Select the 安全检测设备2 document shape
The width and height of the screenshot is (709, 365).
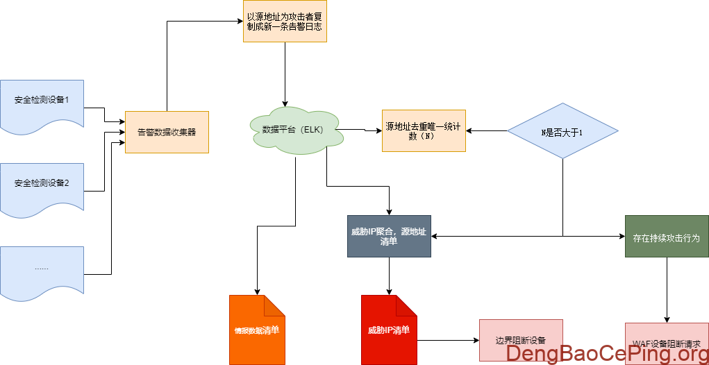click(x=42, y=185)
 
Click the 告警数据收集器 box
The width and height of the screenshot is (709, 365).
click(x=167, y=132)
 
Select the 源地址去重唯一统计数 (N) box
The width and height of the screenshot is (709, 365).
click(x=424, y=130)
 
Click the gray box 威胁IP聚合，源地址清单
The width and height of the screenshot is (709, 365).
click(x=389, y=236)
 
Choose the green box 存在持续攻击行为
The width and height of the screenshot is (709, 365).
click(x=667, y=236)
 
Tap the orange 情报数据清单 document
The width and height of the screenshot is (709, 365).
click(x=257, y=330)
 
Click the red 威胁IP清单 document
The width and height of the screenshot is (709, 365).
click(x=389, y=330)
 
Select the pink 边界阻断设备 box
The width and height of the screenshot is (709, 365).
click(x=521, y=340)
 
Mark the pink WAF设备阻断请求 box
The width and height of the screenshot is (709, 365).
click(x=667, y=343)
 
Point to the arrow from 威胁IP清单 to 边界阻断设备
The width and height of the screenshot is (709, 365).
click(x=448, y=341)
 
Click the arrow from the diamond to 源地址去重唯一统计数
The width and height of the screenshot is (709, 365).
click(x=486, y=130)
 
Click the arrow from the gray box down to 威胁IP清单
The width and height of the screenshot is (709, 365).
click(x=389, y=276)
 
